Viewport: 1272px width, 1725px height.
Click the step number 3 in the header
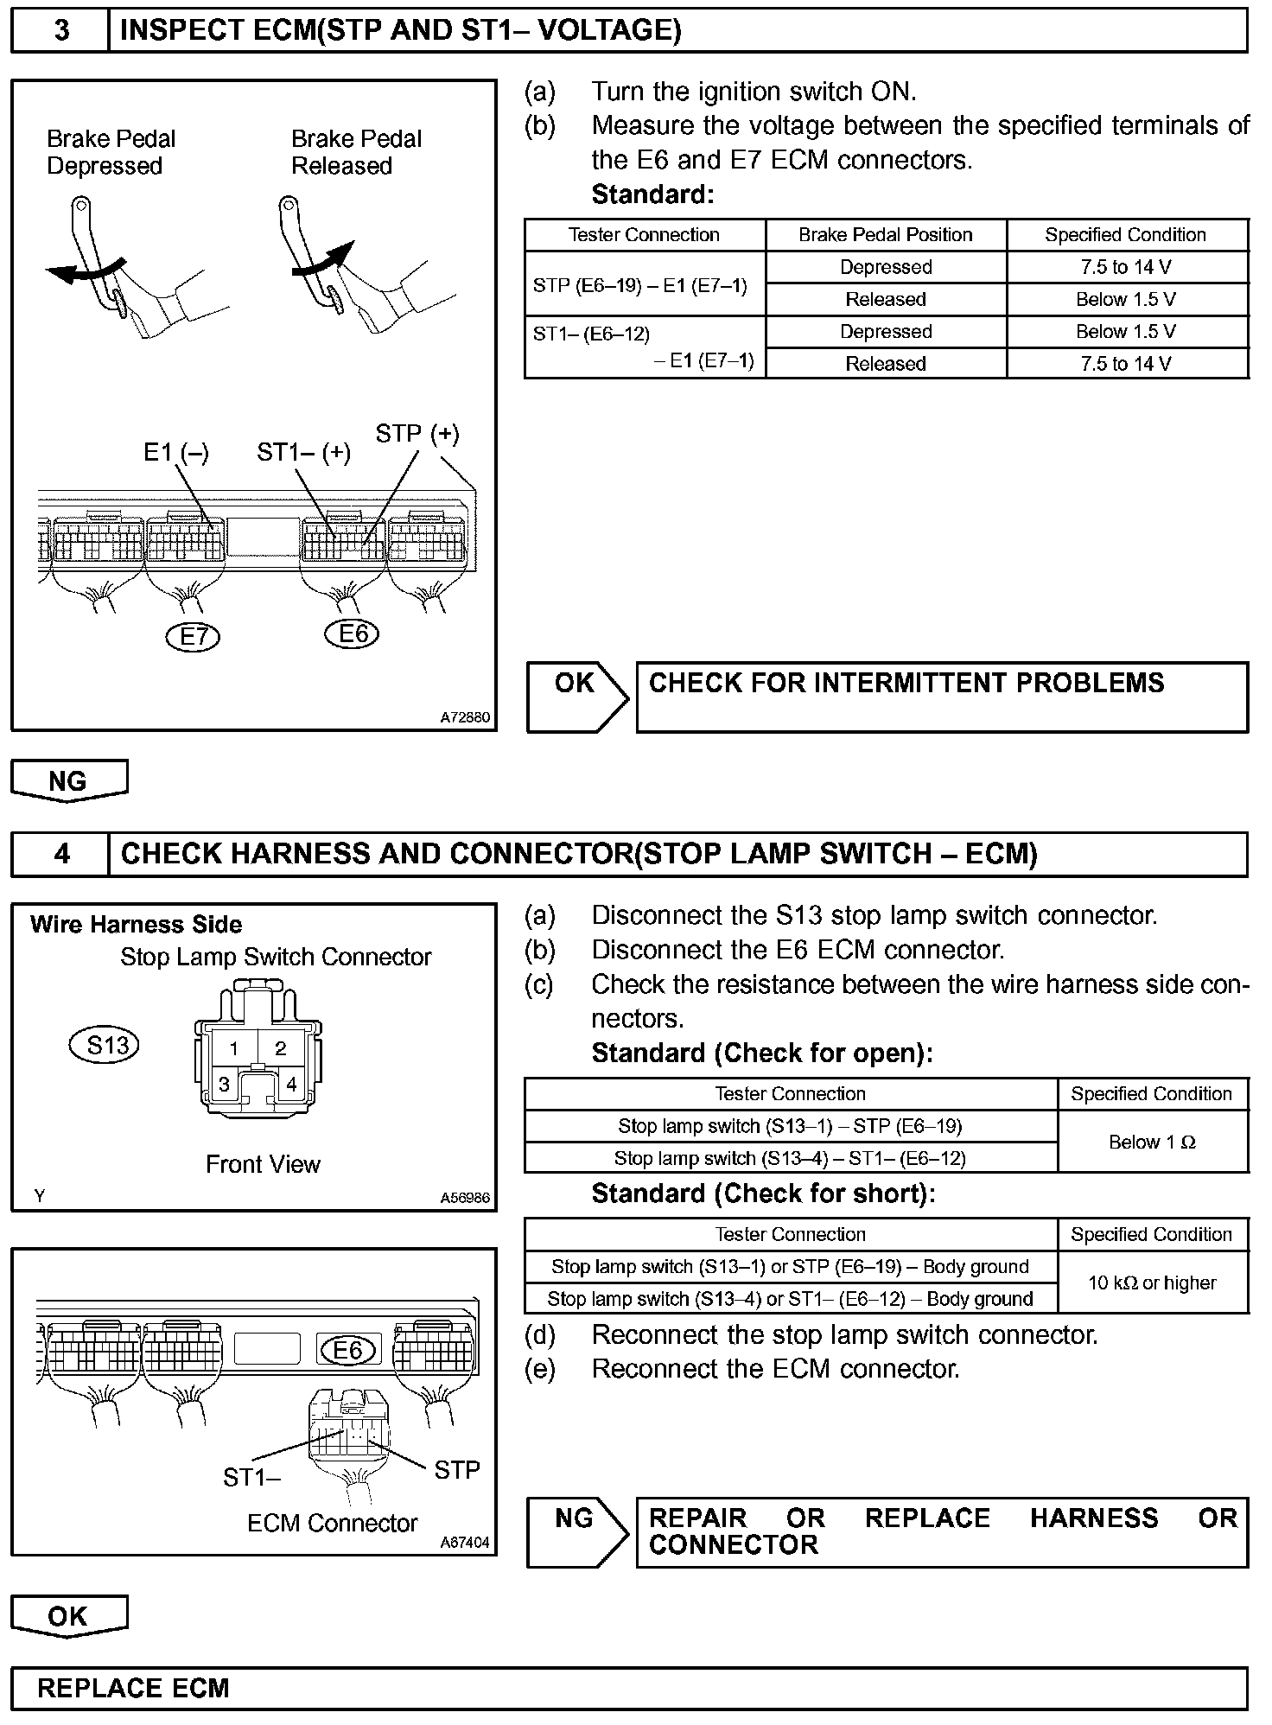click(61, 31)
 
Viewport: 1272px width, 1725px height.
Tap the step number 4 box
click(61, 855)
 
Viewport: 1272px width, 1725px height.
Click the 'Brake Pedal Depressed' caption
click(110, 152)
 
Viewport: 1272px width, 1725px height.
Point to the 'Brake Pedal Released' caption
click(355, 152)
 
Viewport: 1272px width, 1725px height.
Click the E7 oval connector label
click(193, 637)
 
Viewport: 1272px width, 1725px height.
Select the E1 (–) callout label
click(175, 453)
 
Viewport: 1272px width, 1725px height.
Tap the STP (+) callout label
click(417, 434)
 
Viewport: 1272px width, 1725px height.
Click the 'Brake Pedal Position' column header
click(885, 235)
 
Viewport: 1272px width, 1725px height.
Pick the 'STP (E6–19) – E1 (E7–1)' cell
click(639, 285)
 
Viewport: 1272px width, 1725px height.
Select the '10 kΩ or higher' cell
click(1151, 1283)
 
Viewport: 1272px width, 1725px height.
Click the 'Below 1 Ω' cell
click(1151, 1143)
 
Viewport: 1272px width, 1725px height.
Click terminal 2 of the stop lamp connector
click(280, 1049)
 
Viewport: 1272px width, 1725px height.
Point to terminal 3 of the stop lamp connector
click(224, 1085)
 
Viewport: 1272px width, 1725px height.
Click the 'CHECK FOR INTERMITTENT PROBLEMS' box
click(941, 697)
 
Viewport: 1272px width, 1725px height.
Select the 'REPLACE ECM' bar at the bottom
click(628, 1688)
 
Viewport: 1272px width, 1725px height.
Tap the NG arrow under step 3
click(68, 780)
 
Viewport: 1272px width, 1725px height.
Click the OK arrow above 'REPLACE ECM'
click(68, 1616)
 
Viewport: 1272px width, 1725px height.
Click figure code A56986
click(464, 1198)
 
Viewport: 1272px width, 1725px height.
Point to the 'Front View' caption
click(263, 1165)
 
